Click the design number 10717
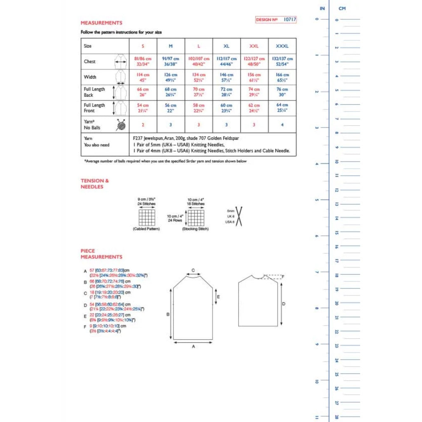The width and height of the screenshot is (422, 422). coord(290,19)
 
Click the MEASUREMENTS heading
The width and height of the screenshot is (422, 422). coord(101,23)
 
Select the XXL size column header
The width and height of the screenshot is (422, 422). coord(254,46)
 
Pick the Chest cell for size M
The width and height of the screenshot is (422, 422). coord(171,62)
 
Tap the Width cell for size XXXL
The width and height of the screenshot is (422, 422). coord(282,77)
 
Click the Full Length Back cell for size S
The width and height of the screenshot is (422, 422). coord(143,92)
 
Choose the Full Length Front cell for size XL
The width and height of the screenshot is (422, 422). coord(226,108)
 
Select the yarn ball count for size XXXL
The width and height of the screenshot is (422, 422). coord(282,125)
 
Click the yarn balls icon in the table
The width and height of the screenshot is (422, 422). coord(121,125)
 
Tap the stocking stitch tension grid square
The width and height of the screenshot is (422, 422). coord(196,218)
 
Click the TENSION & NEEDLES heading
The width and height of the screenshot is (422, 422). coord(95,184)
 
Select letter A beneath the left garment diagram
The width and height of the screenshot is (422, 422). coord(193,347)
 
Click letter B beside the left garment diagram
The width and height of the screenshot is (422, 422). coord(168,314)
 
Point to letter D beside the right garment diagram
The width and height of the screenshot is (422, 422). coord(284,304)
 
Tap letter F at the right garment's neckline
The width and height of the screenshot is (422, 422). coord(283,276)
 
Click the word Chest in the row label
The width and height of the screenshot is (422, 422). coord(90,62)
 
